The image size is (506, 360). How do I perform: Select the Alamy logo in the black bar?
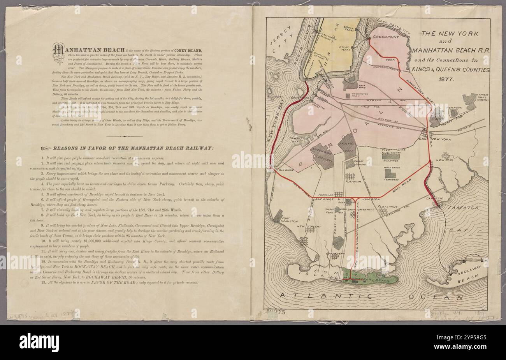click(x=39, y=343)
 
